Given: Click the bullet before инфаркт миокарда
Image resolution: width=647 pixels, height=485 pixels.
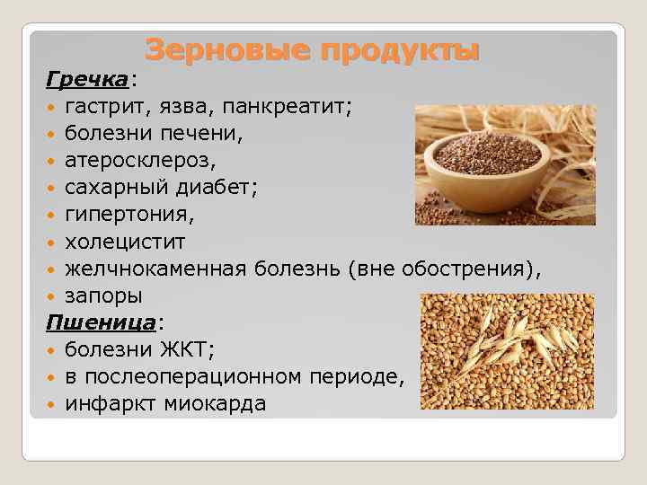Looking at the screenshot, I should point(52,404).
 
